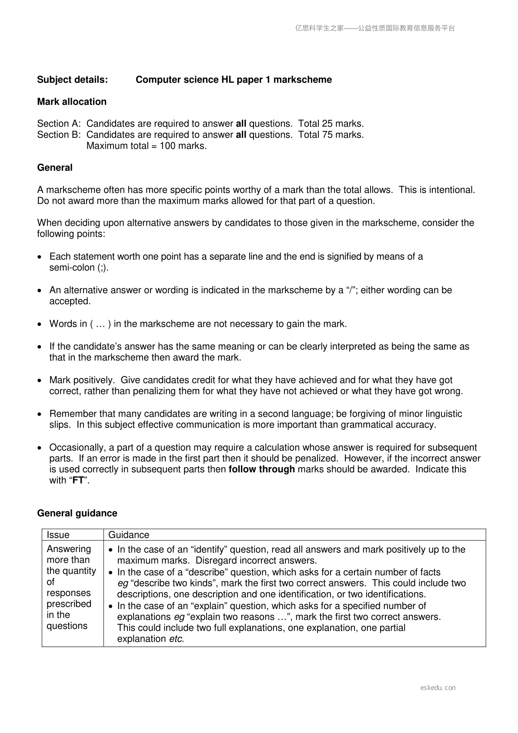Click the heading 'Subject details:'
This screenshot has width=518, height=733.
click(x=73, y=80)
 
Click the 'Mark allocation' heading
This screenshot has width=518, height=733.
click(x=72, y=102)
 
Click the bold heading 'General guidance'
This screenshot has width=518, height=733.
click(x=77, y=513)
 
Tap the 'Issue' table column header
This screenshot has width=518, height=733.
click(x=58, y=535)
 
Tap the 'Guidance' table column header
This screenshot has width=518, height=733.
click(x=129, y=535)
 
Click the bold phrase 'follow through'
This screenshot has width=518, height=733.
click(x=261, y=469)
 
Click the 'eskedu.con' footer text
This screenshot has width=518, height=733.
click(x=438, y=688)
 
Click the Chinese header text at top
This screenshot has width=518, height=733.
click(x=375, y=28)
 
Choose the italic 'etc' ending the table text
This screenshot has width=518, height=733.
click(x=176, y=639)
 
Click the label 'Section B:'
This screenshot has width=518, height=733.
click(x=59, y=135)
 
